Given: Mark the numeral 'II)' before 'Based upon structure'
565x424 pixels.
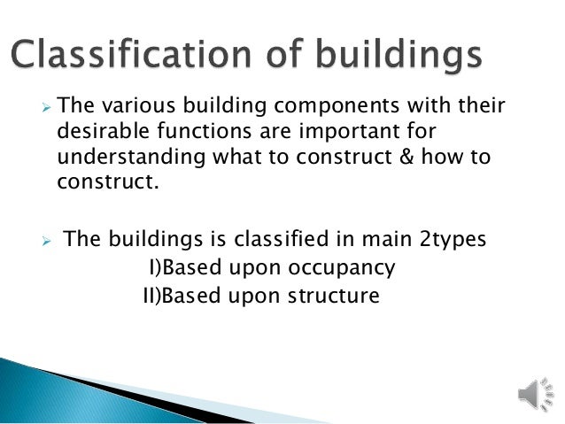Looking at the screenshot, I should point(151,294).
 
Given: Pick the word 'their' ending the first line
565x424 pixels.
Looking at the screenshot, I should point(477,106).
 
